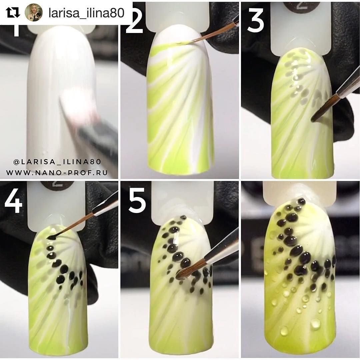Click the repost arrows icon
tap(13, 12)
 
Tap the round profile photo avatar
tap(34, 12)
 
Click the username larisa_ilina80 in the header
tap(87, 13)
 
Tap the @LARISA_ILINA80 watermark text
tap(57, 162)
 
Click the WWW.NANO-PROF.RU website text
tap(57, 172)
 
